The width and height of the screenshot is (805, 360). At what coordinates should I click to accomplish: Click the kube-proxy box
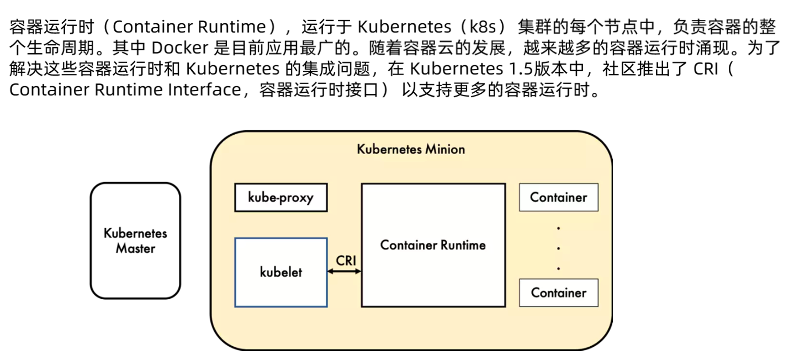click(280, 198)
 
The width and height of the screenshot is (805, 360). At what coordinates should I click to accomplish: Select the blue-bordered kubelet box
click(280, 272)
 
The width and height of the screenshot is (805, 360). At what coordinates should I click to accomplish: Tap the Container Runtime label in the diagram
click(433, 245)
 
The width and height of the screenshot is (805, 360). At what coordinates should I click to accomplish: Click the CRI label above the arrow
click(346, 261)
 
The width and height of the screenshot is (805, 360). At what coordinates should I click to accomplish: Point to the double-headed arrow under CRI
click(344, 271)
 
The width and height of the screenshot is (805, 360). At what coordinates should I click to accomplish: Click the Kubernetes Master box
click(135, 241)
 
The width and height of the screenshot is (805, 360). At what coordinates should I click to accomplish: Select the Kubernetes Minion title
click(411, 149)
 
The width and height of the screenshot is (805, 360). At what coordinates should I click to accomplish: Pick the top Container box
click(558, 197)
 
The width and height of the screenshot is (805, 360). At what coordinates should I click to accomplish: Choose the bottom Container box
click(558, 293)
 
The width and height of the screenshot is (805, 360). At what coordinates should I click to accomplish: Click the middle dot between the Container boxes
click(559, 248)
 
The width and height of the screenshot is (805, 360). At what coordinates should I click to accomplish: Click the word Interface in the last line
click(204, 90)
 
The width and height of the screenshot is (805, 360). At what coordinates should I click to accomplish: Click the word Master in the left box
click(135, 248)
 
